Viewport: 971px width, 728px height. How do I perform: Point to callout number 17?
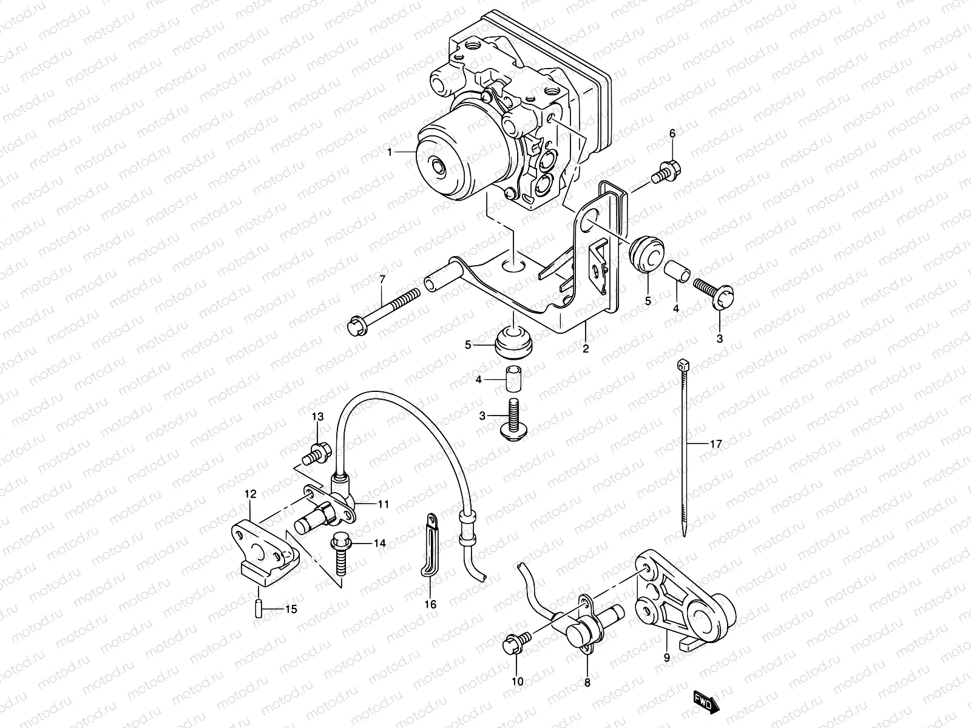tap(716, 445)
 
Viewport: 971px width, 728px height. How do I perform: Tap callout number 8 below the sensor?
tap(587, 682)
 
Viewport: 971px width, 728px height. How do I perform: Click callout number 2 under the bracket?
tap(586, 349)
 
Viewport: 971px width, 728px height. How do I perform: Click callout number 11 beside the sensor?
tap(382, 504)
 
